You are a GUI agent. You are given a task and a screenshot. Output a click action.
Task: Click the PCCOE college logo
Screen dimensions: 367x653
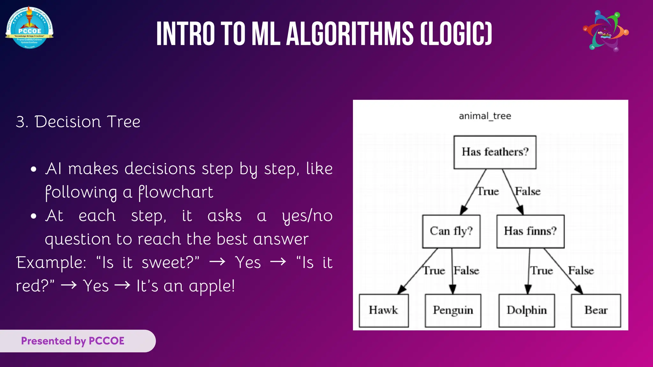29,28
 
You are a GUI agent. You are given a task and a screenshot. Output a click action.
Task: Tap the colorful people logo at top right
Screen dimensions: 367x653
605,31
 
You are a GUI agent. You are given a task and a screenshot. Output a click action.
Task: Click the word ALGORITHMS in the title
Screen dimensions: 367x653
350,34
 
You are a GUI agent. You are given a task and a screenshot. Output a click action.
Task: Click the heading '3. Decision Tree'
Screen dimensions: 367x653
78,122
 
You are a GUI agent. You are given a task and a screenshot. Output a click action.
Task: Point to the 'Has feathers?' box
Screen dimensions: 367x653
495,152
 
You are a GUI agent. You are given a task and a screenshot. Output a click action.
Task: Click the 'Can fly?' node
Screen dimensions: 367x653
451,231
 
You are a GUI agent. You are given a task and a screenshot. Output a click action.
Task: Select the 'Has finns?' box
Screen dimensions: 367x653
530,231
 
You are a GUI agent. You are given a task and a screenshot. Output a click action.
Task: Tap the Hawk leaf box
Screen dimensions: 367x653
384,310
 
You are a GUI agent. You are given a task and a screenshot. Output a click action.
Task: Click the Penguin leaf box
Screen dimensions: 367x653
453,310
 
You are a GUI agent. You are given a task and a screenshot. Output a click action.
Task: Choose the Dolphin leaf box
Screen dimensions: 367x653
526,310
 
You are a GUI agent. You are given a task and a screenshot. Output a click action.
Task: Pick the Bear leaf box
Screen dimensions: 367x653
596,310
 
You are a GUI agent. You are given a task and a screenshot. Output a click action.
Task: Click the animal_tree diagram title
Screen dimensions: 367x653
485,116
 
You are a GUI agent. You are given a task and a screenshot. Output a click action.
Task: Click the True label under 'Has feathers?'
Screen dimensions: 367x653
488,191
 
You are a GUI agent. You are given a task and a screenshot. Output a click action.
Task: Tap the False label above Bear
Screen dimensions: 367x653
581,271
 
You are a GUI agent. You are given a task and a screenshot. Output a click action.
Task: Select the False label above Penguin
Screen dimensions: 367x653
466,271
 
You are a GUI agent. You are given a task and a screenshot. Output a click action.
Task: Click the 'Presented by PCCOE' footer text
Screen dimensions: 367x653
73,341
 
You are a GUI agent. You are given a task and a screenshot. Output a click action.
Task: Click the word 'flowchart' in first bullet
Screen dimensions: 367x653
176,192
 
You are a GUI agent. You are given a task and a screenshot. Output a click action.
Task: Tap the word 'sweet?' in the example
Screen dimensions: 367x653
170,263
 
